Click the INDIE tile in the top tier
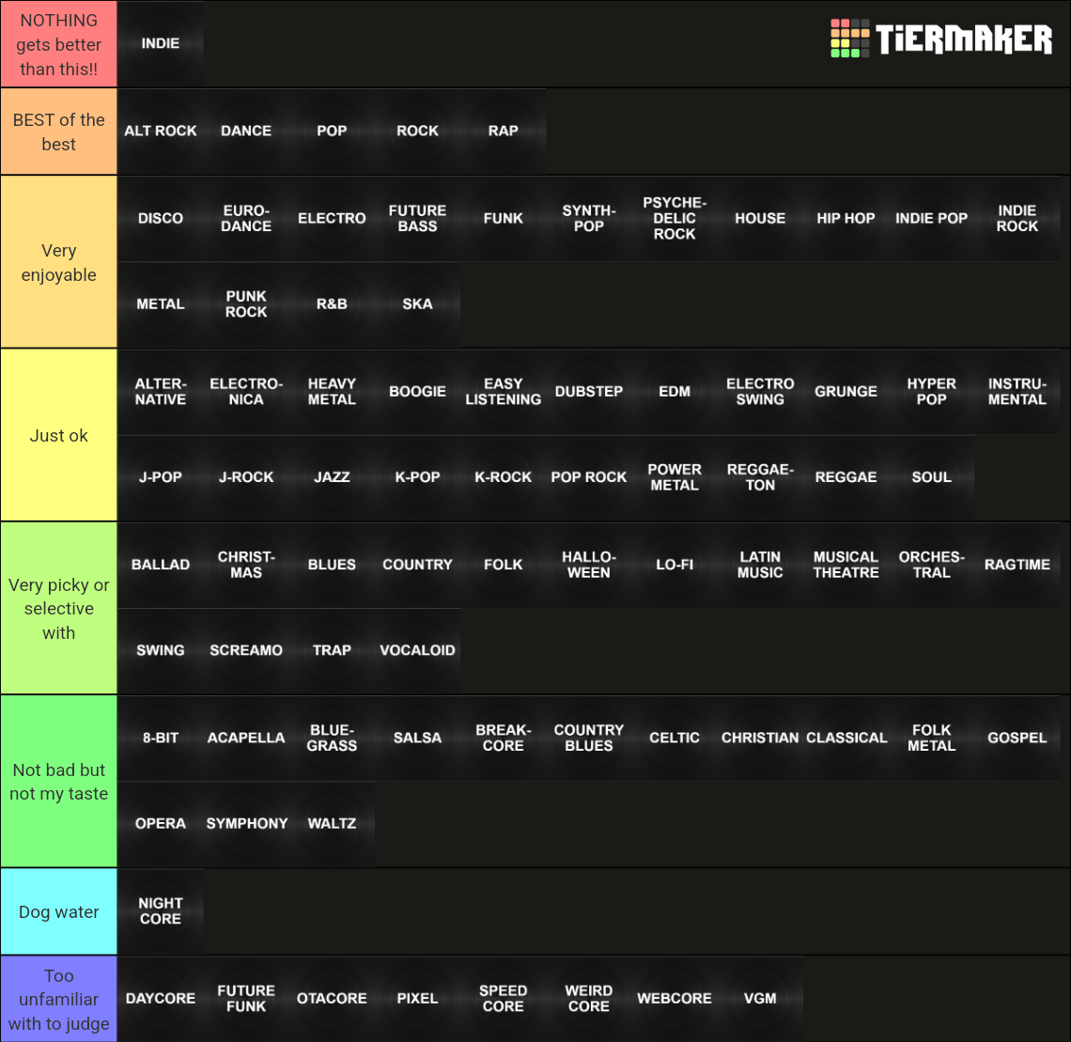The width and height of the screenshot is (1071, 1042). pyautogui.click(x=161, y=43)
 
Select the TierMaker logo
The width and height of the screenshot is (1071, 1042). pyautogui.click(x=941, y=39)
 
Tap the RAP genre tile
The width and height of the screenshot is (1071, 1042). pyautogui.click(x=503, y=131)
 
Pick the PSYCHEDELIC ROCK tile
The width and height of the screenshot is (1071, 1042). pyautogui.click(x=675, y=218)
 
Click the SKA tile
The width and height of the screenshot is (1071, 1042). pyautogui.click(x=417, y=303)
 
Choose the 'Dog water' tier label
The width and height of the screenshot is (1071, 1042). pyautogui.click(x=58, y=911)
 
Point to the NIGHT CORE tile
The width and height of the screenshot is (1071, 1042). pyautogui.click(x=161, y=910)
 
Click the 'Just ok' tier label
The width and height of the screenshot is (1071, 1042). pyautogui.click(x=58, y=435)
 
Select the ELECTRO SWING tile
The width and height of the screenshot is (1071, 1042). pyautogui.click(x=760, y=391)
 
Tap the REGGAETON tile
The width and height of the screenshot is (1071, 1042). pyautogui.click(x=760, y=477)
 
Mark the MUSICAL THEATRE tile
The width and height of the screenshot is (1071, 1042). pyautogui.click(x=846, y=564)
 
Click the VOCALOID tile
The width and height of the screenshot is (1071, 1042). pyautogui.click(x=417, y=650)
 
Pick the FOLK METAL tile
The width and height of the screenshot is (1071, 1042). pyautogui.click(x=931, y=738)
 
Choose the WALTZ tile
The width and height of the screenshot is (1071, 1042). pyautogui.click(x=332, y=823)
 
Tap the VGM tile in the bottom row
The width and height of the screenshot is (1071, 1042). pyautogui.click(x=760, y=998)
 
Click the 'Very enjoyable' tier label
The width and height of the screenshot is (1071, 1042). pyautogui.click(x=58, y=262)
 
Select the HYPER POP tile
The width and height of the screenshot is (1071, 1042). pyautogui.click(x=931, y=391)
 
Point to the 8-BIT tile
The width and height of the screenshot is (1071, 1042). pyautogui.click(x=161, y=738)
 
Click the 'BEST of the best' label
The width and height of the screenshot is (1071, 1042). pyautogui.click(x=58, y=132)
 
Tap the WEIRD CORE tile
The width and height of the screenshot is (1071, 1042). pyautogui.click(x=588, y=998)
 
